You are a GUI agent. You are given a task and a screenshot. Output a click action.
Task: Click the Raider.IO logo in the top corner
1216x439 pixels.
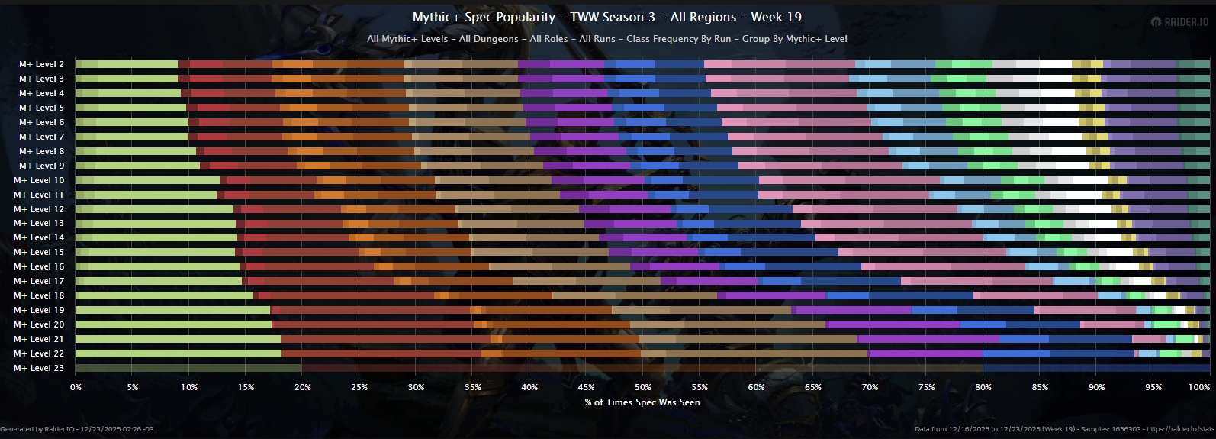[1179, 22]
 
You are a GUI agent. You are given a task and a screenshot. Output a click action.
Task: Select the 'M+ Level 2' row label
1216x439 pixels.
[42, 64]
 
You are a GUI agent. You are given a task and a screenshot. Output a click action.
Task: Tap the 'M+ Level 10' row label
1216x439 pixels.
[39, 180]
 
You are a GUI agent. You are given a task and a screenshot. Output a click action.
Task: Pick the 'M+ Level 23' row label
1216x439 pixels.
[39, 368]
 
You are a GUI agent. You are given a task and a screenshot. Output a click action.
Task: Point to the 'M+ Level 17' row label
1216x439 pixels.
[39, 281]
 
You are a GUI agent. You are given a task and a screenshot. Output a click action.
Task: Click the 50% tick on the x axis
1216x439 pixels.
[643, 387]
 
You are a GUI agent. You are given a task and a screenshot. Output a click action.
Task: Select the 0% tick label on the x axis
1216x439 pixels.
[76, 387]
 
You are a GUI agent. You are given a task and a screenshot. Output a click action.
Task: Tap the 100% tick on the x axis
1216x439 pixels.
[1199, 387]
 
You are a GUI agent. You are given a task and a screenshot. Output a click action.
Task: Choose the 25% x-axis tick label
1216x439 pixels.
[359, 387]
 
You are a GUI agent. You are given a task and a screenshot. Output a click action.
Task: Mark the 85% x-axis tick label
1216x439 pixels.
[1040, 387]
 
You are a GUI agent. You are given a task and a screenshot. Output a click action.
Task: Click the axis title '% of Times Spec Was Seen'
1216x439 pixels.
[642, 402]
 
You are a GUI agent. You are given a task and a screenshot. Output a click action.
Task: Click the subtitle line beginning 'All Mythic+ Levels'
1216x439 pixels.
[606, 39]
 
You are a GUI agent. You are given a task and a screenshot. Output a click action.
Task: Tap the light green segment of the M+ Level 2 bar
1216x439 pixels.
[137, 64]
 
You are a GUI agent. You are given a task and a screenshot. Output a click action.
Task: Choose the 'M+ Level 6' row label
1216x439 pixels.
[42, 122]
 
